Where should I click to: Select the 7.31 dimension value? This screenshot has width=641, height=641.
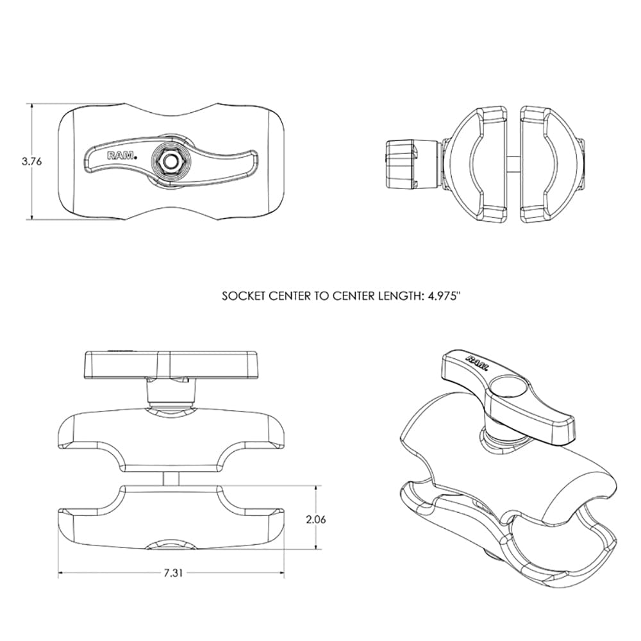[172, 573]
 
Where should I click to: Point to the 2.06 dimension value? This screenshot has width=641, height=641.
[317, 519]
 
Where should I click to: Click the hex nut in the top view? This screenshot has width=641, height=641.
[170, 162]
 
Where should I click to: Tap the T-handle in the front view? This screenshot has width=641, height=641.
[170, 365]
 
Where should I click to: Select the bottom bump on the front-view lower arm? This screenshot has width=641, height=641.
[170, 544]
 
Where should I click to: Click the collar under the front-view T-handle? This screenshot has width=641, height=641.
[170, 392]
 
